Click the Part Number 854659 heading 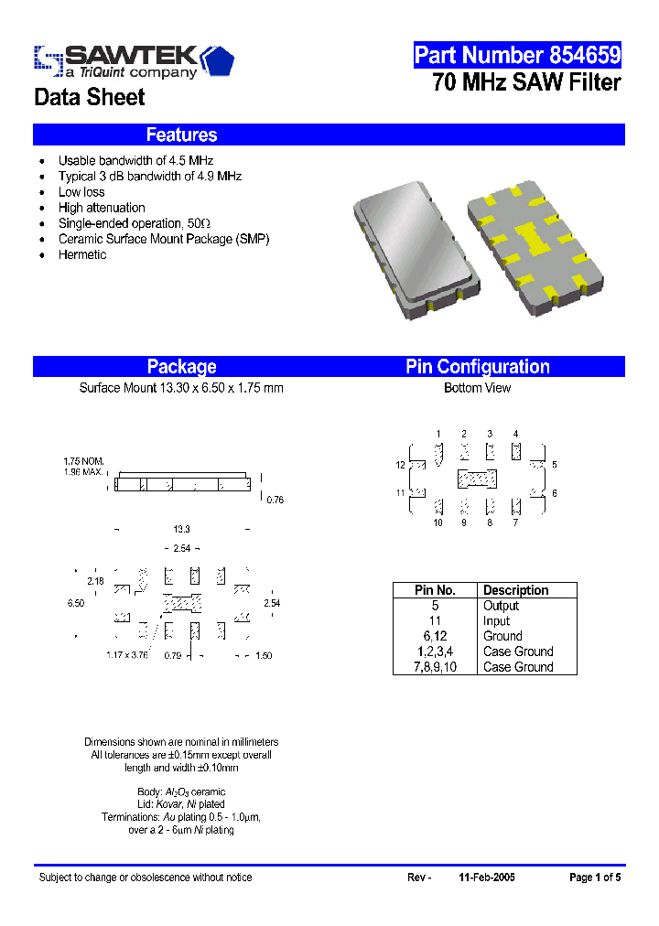[517, 55]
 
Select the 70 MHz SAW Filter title [526, 83]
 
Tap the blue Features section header [182, 135]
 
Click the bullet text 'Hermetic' [82, 254]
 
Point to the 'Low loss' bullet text [81, 192]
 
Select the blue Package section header [182, 367]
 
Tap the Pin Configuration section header [478, 367]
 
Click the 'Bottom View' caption [477, 388]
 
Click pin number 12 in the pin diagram [400, 465]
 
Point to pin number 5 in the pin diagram [555, 465]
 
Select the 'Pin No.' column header [435, 590]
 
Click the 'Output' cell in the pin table [501, 606]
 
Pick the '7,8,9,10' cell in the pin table [435, 667]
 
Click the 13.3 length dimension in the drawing [181, 530]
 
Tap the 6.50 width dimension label [76, 604]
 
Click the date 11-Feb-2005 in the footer [487, 878]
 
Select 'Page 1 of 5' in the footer [595, 878]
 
